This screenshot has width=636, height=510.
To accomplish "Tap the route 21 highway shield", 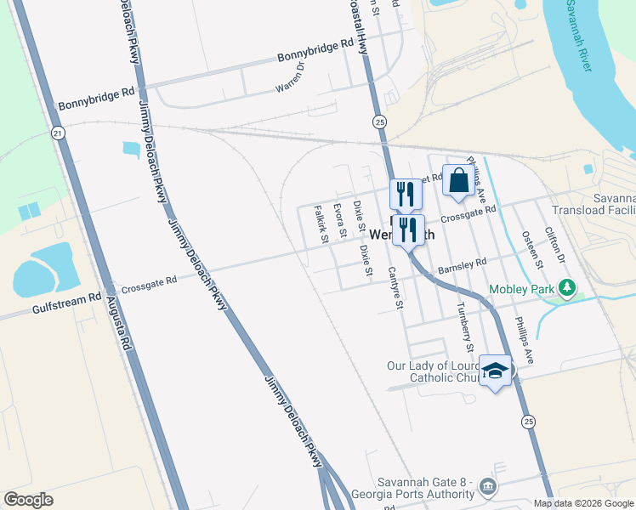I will pyautogui.click(x=57, y=133).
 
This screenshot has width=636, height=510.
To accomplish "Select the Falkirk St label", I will pyautogui.click(x=321, y=224).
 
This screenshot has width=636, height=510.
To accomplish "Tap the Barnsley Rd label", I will pyautogui.click(x=462, y=267).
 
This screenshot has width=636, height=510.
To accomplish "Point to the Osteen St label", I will pyautogui.click(x=532, y=249).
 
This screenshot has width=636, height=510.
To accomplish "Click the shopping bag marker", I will pyautogui.click(x=458, y=180).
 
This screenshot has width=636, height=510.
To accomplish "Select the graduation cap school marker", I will pyautogui.click(x=495, y=371).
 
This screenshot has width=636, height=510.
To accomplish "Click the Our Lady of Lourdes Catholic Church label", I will pyautogui.click(x=429, y=371).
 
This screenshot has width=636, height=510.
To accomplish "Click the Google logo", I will pyautogui.click(x=28, y=500).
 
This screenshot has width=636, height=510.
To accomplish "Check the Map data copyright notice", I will pyautogui.click(x=583, y=503).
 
